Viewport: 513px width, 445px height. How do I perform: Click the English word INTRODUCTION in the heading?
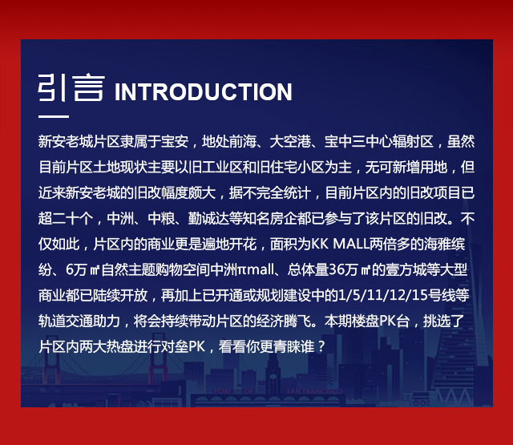(x=203, y=92)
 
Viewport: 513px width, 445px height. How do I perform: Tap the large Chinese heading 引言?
(x=71, y=87)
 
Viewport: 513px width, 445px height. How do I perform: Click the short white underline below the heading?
(x=54, y=116)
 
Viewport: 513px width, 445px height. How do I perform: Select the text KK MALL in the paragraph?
(x=340, y=244)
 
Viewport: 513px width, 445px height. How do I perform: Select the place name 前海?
(x=242, y=142)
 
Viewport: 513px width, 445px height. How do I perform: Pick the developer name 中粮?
(x=161, y=219)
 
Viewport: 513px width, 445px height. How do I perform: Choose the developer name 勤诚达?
(x=208, y=219)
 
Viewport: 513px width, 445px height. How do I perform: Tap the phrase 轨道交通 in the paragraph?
(x=66, y=321)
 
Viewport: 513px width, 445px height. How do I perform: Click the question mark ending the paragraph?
(x=321, y=347)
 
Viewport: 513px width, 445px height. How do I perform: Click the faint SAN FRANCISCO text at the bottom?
(x=314, y=391)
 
